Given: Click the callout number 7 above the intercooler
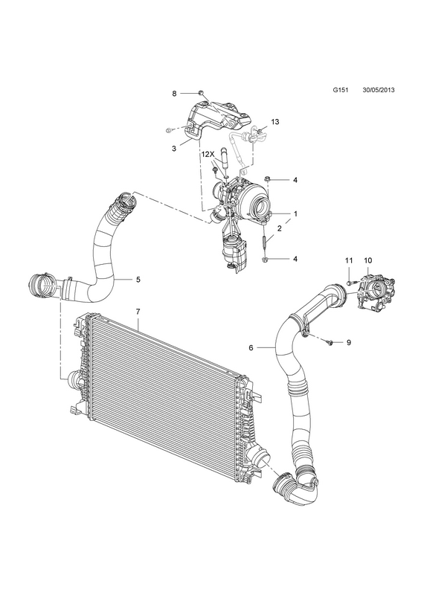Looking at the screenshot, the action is point(138,312).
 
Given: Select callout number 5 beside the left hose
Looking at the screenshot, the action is point(138,280).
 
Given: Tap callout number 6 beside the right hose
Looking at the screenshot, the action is point(251,347).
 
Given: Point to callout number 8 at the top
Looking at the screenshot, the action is point(174,94).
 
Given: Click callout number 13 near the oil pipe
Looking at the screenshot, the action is point(275,121).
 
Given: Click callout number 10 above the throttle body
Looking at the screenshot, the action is point(368,260).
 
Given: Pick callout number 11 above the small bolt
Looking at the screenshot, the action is point(349,260).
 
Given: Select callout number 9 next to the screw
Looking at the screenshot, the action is point(349,343).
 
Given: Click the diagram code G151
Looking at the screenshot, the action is point(339,90).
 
